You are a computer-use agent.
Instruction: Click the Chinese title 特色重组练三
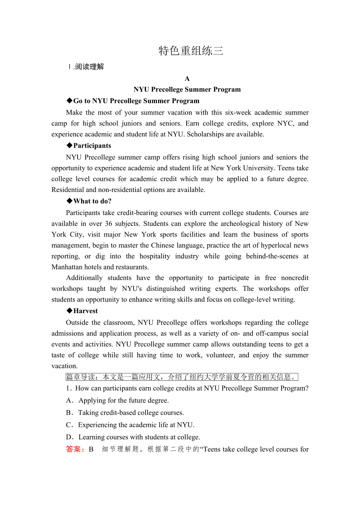[x=191, y=51]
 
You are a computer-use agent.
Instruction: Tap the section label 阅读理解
[x=90, y=67]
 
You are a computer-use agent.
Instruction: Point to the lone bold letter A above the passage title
[x=187, y=79]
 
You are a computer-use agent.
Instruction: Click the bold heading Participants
[x=92, y=146]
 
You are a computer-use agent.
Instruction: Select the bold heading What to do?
[x=92, y=201]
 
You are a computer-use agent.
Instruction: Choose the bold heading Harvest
[x=85, y=311]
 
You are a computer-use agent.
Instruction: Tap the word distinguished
[x=164, y=289]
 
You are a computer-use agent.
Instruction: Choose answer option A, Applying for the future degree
[x=123, y=401]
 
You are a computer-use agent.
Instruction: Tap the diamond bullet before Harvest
[x=70, y=311]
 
